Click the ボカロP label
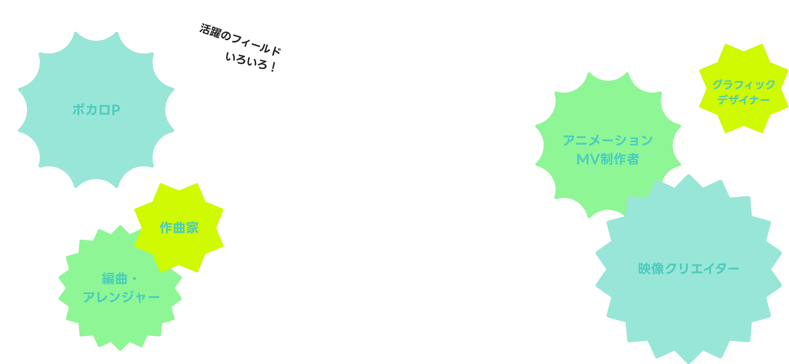pyautogui.click(x=96, y=110)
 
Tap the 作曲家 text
pyautogui.click(x=179, y=228)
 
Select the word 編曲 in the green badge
pyautogui.click(x=115, y=278)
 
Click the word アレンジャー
pyautogui.click(x=121, y=297)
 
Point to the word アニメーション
pyautogui.click(x=608, y=140)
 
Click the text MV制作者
pyautogui.click(x=608, y=159)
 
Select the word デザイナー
pyautogui.click(x=744, y=100)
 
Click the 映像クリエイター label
pyautogui.click(x=688, y=269)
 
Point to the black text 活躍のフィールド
pyautogui.click(x=240, y=39)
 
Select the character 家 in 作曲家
pyautogui.click(x=192, y=228)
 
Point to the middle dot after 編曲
pyautogui.click(x=134, y=279)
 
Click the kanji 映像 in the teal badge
pyautogui.click(x=651, y=269)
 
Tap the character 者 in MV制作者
pyautogui.click(x=633, y=159)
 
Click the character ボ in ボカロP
pyautogui.click(x=78, y=110)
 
